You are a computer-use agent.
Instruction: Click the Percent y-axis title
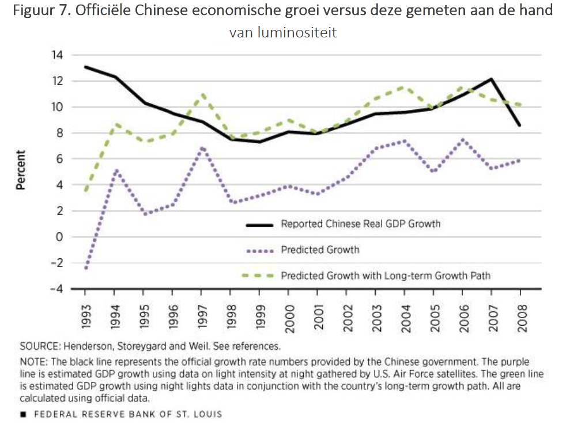(x=21, y=170)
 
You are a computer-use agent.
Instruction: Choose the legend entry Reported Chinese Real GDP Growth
(x=360, y=224)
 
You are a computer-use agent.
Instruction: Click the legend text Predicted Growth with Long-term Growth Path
(x=386, y=276)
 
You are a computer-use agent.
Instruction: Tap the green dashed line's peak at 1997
(x=202, y=94)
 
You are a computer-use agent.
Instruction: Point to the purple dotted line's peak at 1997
(x=202, y=148)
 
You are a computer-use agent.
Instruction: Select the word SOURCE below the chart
(x=41, y=347)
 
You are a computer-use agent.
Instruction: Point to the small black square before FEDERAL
(x=23, y=414)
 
